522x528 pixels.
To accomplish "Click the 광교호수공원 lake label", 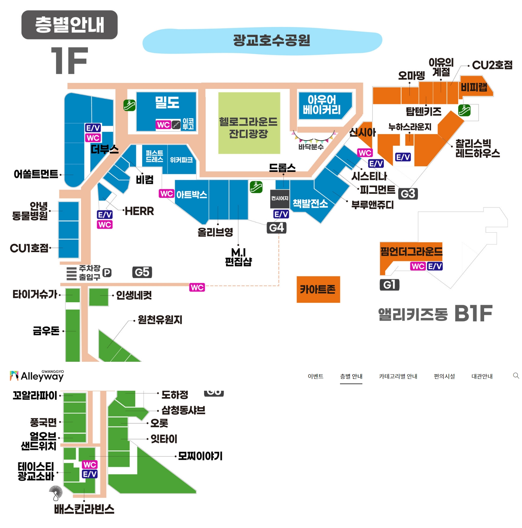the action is point(272,40).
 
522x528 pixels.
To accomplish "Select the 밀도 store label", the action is point(167,102).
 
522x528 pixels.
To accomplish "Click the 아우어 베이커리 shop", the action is point(322,105).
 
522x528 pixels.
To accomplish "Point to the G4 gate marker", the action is point(276,228).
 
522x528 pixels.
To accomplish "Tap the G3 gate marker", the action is point(408,194).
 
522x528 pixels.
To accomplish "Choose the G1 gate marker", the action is point(389,285).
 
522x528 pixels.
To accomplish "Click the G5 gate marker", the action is point(142,272).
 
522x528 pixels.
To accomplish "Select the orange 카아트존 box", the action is point(318,289).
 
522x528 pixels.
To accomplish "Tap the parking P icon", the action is point(107,273).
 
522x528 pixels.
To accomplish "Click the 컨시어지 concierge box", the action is point(279,198).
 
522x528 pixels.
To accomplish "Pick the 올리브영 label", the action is point(215,232).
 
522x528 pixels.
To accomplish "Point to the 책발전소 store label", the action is point(310,204).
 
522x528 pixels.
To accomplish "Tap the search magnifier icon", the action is point(516,376).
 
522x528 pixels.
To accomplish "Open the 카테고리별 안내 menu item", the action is point(398,376).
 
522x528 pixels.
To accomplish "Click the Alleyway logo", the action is point(37,376).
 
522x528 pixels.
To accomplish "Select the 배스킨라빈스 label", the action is point(84,509).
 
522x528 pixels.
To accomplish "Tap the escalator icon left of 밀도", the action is point(129,105).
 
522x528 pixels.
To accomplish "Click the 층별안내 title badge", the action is point(69,25).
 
